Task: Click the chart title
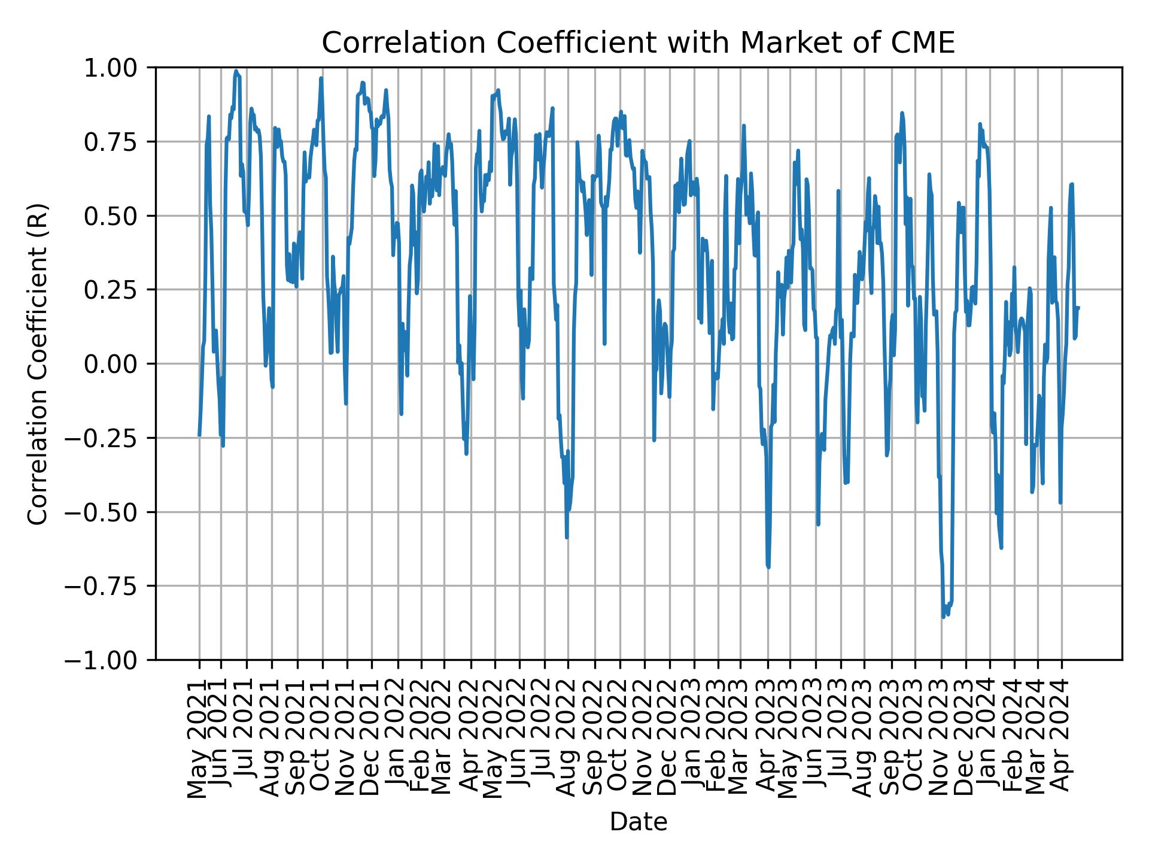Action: pyautogui.click(x=638, y=43)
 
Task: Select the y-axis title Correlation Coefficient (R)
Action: pyautogui.click(x=38, y=364)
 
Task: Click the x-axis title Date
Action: pyautogui.click(x=638, y=822)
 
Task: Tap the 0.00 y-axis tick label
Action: pyautogui.click(x=118, y=364)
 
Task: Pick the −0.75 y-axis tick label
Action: pyautogui.click(x=109, y=586)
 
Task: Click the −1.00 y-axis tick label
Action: pyautogui.click(x=109, y=660)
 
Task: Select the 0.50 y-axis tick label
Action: pyautogui.click(x=118, y=215)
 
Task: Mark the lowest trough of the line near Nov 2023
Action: pyautogui.click(x=943, y=617)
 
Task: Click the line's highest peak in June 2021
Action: pyautogui.click(x=236, y=71)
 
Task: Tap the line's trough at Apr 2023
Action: pyautogui.click(x=768, y=567)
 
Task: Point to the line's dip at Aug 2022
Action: pyautogui.click(x=567, y=537)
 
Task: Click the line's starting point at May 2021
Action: pyautogui.click(x=199, y=435)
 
